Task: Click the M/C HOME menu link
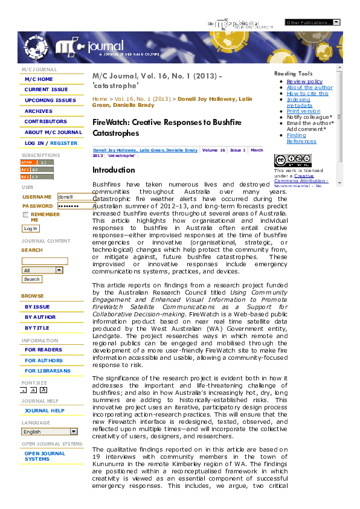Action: [39, 79]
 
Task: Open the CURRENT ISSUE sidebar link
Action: [46, 90]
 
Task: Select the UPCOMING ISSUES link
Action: [50, 101]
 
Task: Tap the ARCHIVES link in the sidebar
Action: [39, 111]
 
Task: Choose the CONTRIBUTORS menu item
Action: [46, 121]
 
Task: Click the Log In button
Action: [30, 229]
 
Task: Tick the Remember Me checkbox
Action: [26, 214]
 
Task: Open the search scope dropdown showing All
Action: [42, 270]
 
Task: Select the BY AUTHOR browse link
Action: [40, 317]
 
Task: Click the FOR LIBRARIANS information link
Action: [47, 371]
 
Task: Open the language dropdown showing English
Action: [50, 432]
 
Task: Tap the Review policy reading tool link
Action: [304, 82]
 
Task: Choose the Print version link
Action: [303, 111]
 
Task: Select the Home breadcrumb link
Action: [100, 98]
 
